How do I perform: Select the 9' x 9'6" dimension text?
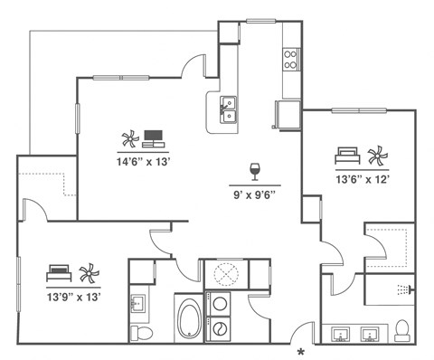tap(254, 193)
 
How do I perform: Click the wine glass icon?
tap(254, 170)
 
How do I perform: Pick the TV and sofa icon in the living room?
tap(152, 138)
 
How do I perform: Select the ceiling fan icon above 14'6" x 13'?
tap(127, 139)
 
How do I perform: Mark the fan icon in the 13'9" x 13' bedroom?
tap(89, 273)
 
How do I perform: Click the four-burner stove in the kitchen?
tap(291, 60)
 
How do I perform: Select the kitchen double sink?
tap(230, 109)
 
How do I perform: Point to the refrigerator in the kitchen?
tap(287, 115)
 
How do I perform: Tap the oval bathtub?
tap(190, 320)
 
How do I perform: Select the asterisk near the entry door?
tap(301, 351)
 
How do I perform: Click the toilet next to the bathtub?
tap(141, 332)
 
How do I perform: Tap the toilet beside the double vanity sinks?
tap(404, 328)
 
